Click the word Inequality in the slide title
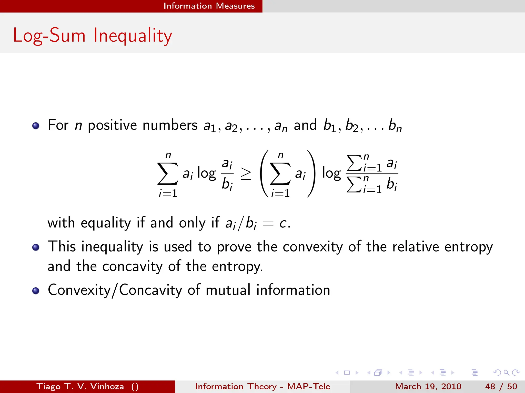click(132, 36)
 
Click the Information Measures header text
click(209, 6)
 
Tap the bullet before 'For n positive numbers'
click(36, 126)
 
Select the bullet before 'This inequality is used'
click(36, 247)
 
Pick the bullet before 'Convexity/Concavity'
click(36, 291)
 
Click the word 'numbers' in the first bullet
click(170, 125)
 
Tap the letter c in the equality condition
click(283, 223)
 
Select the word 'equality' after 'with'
click(106, 223)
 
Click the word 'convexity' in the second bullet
click(312, 247)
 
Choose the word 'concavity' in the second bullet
click(132, 266)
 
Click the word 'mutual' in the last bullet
click(228, 290)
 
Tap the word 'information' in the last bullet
click(293, 290)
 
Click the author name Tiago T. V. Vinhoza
click(80, 386)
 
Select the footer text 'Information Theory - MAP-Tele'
click(262, 386)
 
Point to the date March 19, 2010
click(428, 386)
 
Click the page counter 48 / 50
click(501, 386)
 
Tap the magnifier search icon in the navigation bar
click(506, 373)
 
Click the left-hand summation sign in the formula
click(168, 174)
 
